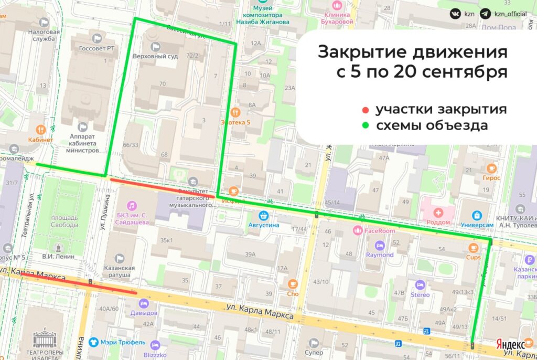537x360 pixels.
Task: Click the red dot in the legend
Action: click(366, 110)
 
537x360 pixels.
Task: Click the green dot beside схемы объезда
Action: click(366, 126)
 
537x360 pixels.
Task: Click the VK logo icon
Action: click(455, 14)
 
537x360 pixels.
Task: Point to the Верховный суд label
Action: click(155, 56)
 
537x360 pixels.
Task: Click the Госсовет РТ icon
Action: click(96, 38)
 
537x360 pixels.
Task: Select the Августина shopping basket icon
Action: click(264, 215)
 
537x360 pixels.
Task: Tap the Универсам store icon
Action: click(477, 215)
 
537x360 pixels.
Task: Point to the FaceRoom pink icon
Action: click(358, 230)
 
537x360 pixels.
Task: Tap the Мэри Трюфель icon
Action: click(93, 342)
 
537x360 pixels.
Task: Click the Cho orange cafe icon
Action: click(292, 284)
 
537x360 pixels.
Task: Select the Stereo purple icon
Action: click(420, 284)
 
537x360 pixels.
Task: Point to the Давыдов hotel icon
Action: click(143, 303)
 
